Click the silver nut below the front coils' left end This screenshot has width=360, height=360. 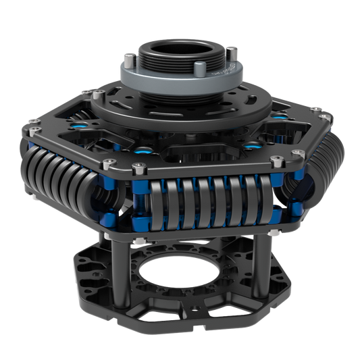coord(138,240)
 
